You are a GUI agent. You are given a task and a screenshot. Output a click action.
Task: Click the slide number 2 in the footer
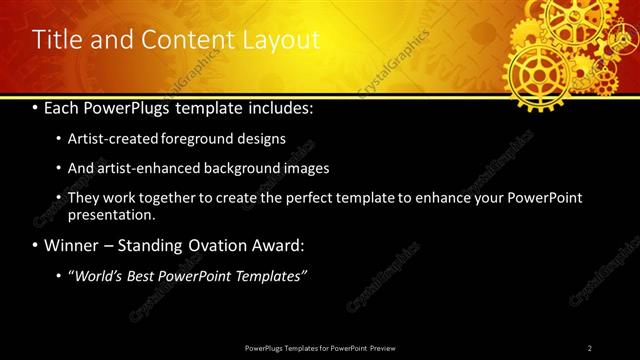(x=590, y=347)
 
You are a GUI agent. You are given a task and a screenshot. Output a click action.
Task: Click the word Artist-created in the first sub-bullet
(x=110, y=139)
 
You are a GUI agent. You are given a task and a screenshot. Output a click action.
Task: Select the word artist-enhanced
(x=146, y=168)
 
